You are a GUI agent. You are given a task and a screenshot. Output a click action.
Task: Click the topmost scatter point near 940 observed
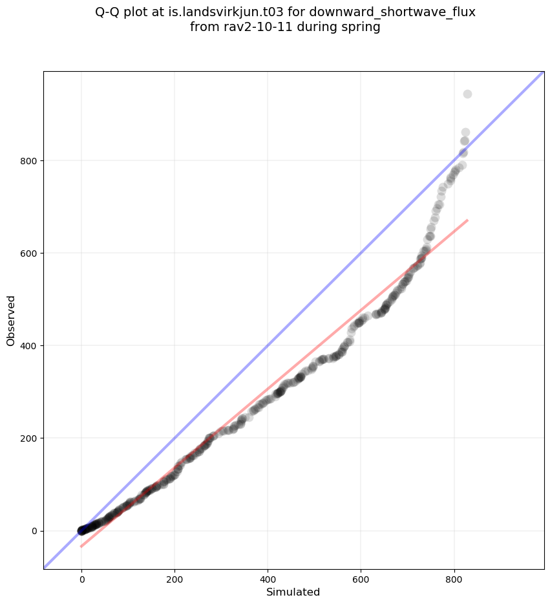[467, 94]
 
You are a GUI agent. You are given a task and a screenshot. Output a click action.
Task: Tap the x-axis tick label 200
[175, 577]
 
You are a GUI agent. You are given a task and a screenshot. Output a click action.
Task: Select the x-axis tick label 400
[268, 577]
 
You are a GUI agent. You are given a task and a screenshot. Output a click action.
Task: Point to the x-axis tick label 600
[361, 577]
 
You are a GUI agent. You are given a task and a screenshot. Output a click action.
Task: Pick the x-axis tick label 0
[81, 577]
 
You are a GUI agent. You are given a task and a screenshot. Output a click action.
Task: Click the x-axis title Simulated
[293, 592]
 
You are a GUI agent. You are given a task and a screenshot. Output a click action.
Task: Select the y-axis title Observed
[11, 321]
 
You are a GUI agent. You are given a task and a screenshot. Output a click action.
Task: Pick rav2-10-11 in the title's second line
[253, 28]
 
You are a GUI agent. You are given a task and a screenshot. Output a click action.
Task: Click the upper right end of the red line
[467, 221]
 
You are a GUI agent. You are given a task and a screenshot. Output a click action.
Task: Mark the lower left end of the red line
[81, 546]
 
